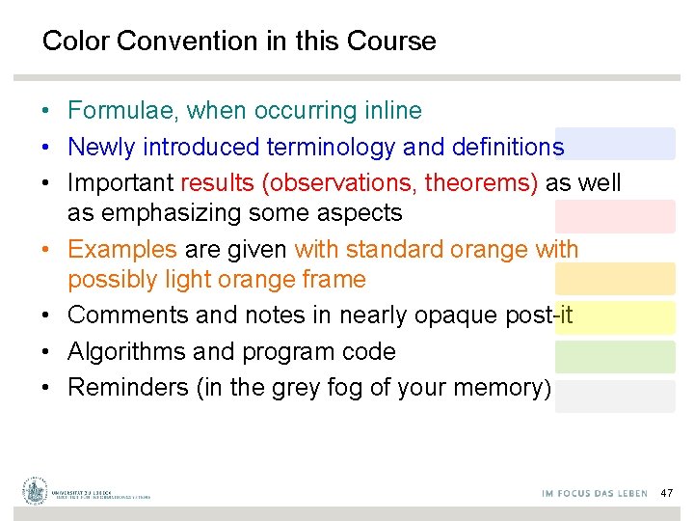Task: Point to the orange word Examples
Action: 122,249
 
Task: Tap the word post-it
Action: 540,315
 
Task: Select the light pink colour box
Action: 615,216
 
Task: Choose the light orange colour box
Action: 615,279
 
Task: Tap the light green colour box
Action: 615,357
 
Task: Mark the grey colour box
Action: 615,397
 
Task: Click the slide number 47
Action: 667,493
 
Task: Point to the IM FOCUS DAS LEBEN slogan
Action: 594,494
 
